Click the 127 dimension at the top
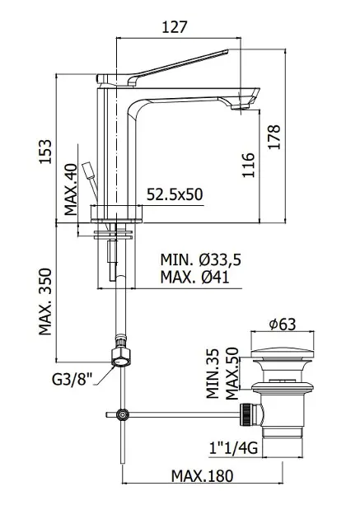point(175,27)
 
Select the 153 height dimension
point(45,152)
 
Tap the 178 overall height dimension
point(274,137)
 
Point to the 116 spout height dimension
point(248,165)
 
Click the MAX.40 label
point(71,189)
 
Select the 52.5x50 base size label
point(175,194)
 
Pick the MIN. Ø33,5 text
point(201,259)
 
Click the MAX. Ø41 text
point(195,277)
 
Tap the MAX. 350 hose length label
point(45,302)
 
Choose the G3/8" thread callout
point(72,379)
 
